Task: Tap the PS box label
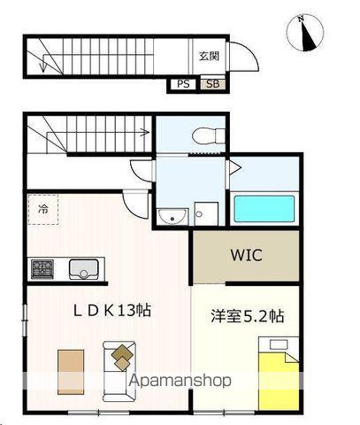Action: pyautogui.click(x=183, y=84)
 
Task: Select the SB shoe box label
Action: pyautogui.click(x=211, y=84)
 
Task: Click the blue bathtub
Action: pyautogui.click(x=264, y=208)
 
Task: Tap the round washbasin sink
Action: pyautogui.click(x=171, y=215)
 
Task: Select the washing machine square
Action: pyautogui.click(x=207, y=213)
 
